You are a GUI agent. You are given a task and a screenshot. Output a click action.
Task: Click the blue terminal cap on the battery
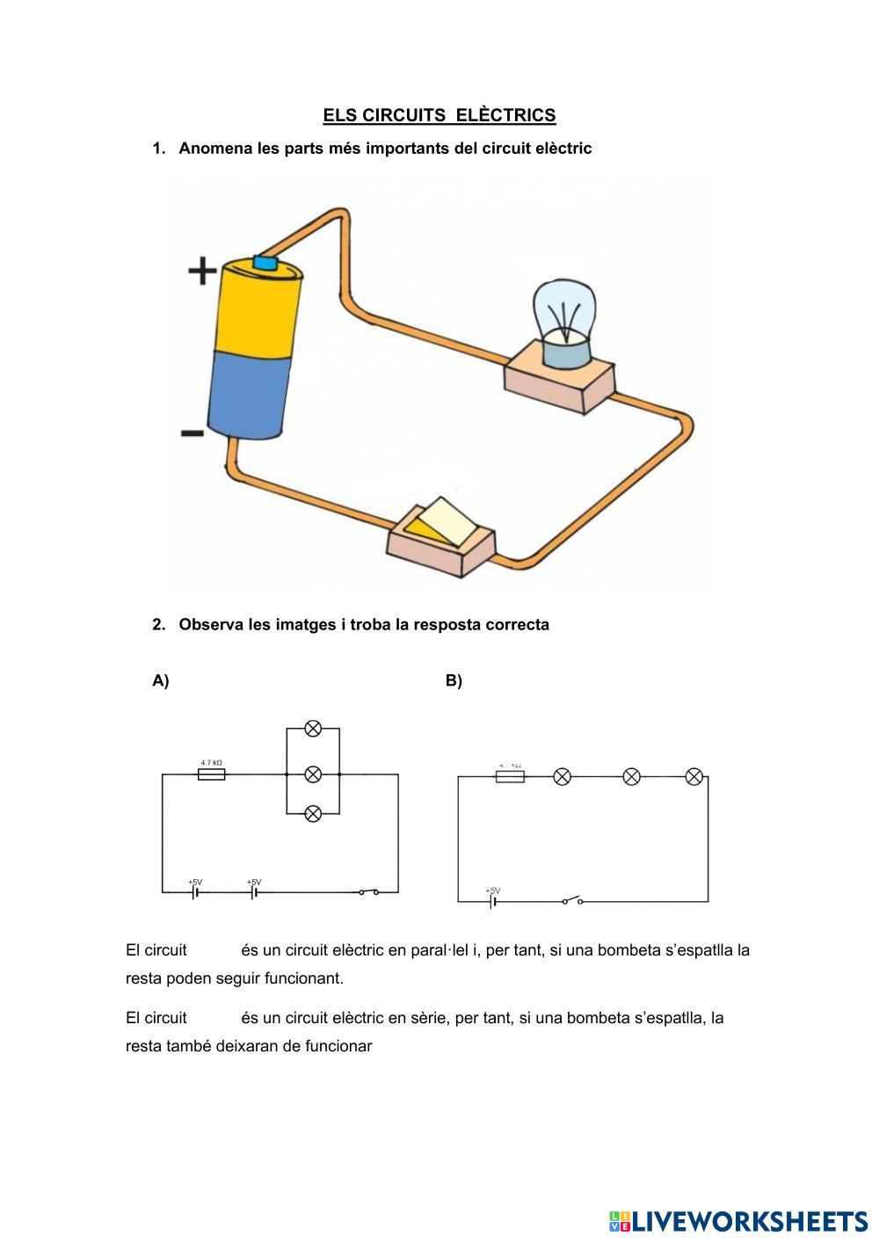[265, 262]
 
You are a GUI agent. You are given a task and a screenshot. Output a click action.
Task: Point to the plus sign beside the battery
[203, 271]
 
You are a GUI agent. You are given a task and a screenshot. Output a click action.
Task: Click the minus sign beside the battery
[193, 433]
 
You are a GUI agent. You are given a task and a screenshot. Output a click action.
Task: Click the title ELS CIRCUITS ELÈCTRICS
[439, 115]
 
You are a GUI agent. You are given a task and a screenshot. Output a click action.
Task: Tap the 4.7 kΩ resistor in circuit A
[211, 774]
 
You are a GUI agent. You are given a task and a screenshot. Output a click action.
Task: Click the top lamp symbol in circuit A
[312, 728]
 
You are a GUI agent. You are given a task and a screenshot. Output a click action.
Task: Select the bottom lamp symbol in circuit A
[312, 814]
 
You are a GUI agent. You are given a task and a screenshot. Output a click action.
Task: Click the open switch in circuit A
[368, 892]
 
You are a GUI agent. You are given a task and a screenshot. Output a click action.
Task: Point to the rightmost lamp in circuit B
[694, 776]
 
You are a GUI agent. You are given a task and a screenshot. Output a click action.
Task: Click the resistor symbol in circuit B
[510, 776]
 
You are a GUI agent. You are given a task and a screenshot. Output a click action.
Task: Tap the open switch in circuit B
[572, 900]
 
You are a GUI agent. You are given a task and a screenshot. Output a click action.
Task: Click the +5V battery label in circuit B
[492, 890]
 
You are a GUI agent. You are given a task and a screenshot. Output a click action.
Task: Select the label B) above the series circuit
[454, 680]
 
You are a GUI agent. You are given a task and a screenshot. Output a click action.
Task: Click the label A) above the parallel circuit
[160, 680]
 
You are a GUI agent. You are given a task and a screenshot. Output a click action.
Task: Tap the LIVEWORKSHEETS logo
[737, 1221]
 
